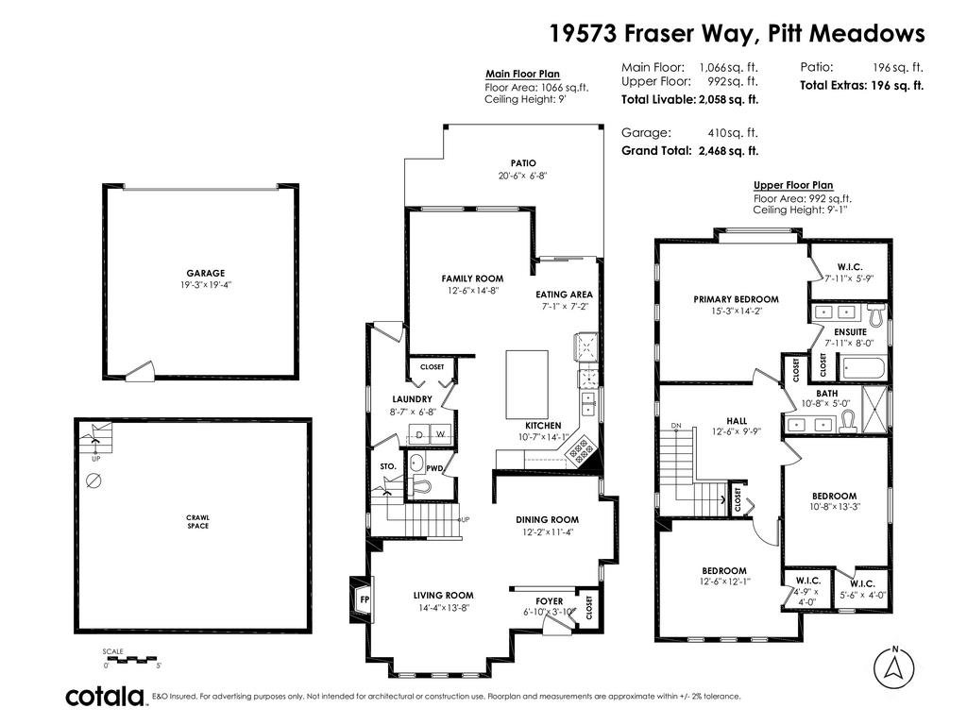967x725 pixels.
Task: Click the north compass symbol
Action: (x=893, y=667)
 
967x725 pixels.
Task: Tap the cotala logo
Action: (x=105, y=696)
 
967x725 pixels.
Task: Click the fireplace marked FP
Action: (x=362, y=599)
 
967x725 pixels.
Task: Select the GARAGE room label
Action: (x=205, y=273)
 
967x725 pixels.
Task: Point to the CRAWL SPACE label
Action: (x=198, y=521)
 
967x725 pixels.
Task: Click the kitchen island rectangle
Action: (x=527, y=385)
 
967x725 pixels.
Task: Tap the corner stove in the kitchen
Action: (x=581, y=449)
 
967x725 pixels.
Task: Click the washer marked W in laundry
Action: (x=441, y=434)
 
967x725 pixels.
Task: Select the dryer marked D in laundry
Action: (x=419, y=434)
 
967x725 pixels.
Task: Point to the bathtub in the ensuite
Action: (x=862, y=369)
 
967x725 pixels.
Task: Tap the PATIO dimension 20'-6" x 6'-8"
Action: (x=523, y=175)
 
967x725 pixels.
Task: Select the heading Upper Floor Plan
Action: (x=793, y=185)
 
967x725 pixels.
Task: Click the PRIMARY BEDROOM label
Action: (x=736, y=299)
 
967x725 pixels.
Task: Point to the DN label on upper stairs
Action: (x=676, y=426)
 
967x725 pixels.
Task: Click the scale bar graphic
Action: (x=132, y=660)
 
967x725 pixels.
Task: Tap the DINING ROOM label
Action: (x=547, y=520)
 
